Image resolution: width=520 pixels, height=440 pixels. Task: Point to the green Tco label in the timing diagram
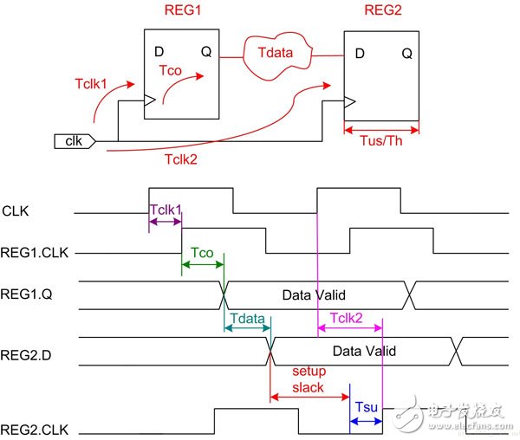202,252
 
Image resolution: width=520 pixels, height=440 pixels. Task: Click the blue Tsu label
366,406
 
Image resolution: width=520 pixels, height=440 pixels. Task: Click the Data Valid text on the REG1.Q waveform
315,295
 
